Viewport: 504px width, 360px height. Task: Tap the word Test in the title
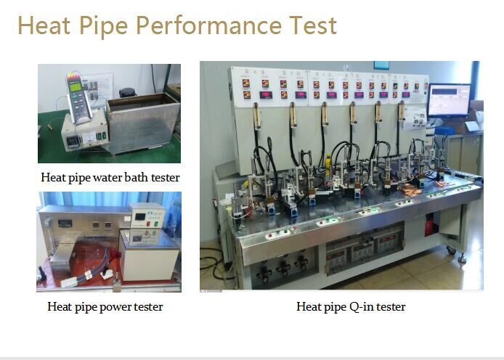click(x=313, y=25)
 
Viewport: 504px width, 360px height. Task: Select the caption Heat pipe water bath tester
click(x=110, y=177)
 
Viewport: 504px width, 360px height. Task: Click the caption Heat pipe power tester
click(x=105, y=307)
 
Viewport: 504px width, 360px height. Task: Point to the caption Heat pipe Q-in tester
click(x=351, y=307)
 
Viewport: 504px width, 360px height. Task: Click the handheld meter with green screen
click(x=78, y=97)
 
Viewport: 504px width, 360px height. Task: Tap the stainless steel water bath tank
click(x=143, y=123)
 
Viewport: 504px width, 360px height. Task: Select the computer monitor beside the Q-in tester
click(x=449, y=100)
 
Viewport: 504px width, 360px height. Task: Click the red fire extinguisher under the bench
click(x=430, y=225)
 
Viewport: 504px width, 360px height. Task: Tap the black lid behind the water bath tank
click(x=128, y=93)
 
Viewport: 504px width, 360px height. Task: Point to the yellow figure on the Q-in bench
click(x=328, y=165)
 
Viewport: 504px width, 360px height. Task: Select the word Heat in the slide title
click(x=44, y=25)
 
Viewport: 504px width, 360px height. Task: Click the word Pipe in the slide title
click(x=104, y=26)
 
